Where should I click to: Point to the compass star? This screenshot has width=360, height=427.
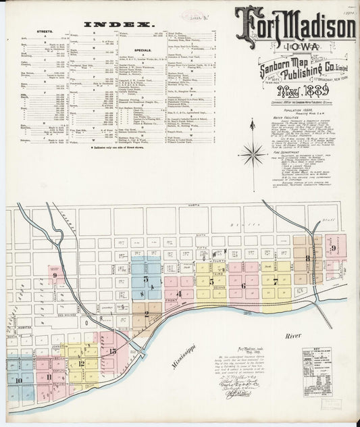(253, 153)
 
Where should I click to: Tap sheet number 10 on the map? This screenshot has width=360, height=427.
(18, 380)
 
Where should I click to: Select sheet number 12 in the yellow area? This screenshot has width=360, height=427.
(80, 363)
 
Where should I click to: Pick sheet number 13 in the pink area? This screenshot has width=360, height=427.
(112, 351)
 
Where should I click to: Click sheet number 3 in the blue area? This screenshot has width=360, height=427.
(145, 278)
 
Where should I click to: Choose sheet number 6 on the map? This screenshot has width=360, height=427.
(242, 285)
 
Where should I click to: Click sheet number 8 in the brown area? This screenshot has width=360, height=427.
(307, 257)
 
